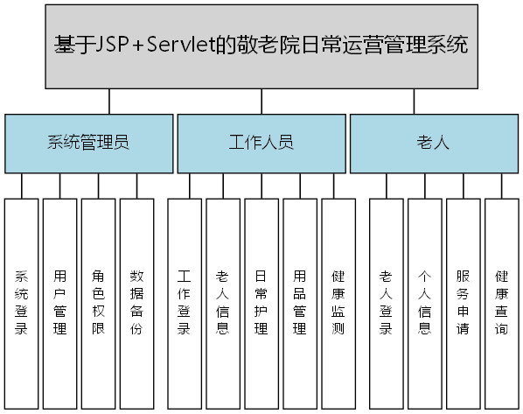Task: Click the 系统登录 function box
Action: tap(22, 302)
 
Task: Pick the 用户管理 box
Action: tap(60, 302)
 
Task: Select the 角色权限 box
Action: tap(99, 302)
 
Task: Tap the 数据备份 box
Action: tap(137, 302)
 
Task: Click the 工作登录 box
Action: tap(184, 302)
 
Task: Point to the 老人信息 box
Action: tap(222, 302)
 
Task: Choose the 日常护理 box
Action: tap(261, 302)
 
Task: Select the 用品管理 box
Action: tap(299, 302)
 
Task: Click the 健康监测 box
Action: tap(338, 302)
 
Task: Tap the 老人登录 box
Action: tap(386, 302)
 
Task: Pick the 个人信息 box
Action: tap(424, 302)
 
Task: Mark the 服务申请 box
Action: tap(463, 302)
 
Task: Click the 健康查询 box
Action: tap(501, 302)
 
